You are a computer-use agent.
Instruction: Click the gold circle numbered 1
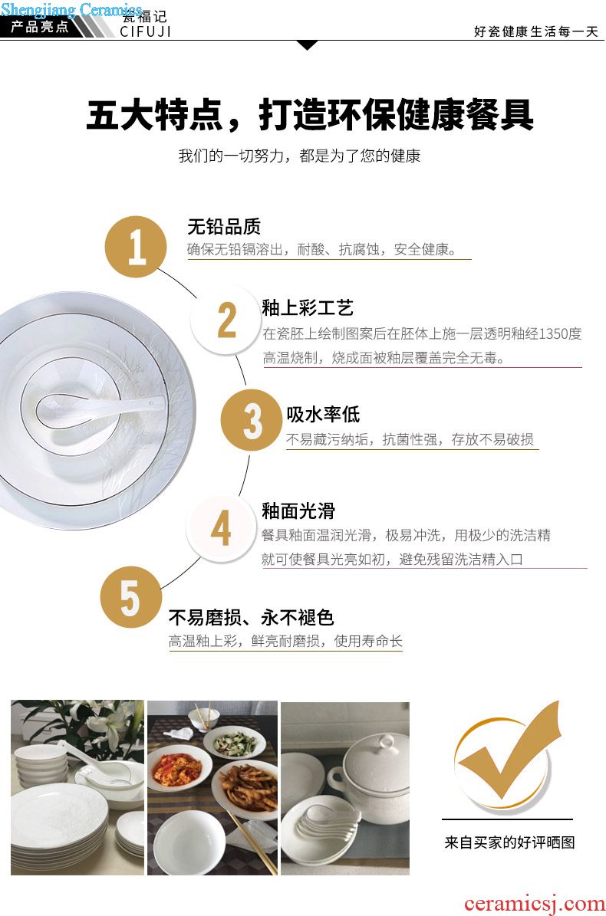tap(136, 247)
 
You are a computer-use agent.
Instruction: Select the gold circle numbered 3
tap(252, 420)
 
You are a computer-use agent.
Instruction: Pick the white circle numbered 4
tap(219, 529)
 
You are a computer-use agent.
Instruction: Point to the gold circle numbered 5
tap(130, 598)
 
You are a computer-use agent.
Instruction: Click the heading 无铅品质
tap(224, 227)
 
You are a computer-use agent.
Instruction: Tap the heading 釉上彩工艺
tap(308, 308)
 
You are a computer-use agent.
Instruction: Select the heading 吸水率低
tap(323, 414)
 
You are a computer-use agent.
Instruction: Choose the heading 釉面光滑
tap(298, 511)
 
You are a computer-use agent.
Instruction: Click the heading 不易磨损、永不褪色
tap(252, 617)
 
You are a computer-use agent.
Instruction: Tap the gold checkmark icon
tap(507, 753)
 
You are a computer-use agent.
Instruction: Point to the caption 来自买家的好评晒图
tap(509, 842)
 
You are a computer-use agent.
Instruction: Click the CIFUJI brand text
tap(146, 31)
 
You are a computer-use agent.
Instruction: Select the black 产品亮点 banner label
tap(40, 26)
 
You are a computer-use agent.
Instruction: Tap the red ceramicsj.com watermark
tap(535, 904)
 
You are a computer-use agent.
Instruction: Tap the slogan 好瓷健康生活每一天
tap(536, 31)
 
